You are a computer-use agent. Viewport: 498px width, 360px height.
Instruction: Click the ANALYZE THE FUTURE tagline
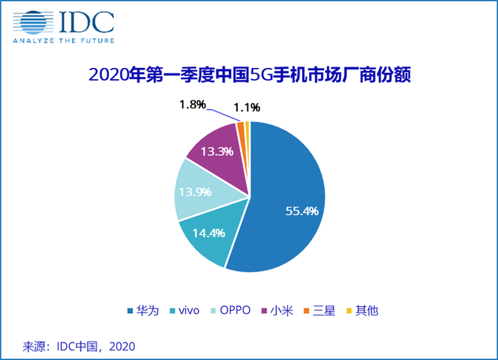(64, 40)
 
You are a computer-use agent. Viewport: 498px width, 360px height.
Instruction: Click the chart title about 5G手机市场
(248, 76)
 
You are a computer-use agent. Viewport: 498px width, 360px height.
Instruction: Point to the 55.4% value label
(301, 210)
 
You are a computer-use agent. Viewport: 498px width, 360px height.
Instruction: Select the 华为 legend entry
(140, 310)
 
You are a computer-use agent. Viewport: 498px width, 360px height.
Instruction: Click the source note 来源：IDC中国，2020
(79, 346)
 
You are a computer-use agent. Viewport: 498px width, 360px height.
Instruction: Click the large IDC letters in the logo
(84, 21)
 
